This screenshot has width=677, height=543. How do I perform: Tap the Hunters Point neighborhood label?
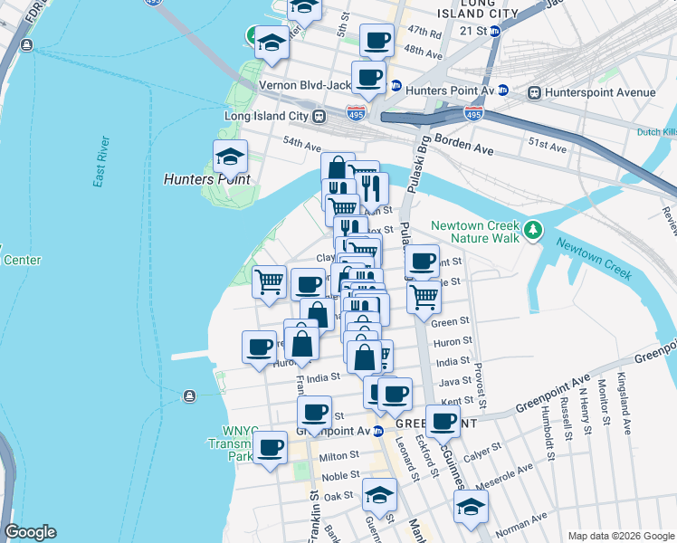click(x=206, y=179)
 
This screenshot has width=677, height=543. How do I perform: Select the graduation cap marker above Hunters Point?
click(x=230, y=157)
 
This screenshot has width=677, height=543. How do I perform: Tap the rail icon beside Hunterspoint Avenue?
click(x=535, y=92)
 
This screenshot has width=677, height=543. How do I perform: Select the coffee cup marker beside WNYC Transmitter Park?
click(x=269, y=447)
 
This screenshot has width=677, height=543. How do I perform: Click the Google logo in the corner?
click(x=30, y=532)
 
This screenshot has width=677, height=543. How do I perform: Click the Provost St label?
click(x=482, y=380)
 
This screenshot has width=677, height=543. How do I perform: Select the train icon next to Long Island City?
click(x=319, y=116)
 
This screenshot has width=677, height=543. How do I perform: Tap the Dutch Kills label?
click(x=655, y=132)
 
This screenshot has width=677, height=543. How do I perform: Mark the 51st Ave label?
click(x=547, y=146)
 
